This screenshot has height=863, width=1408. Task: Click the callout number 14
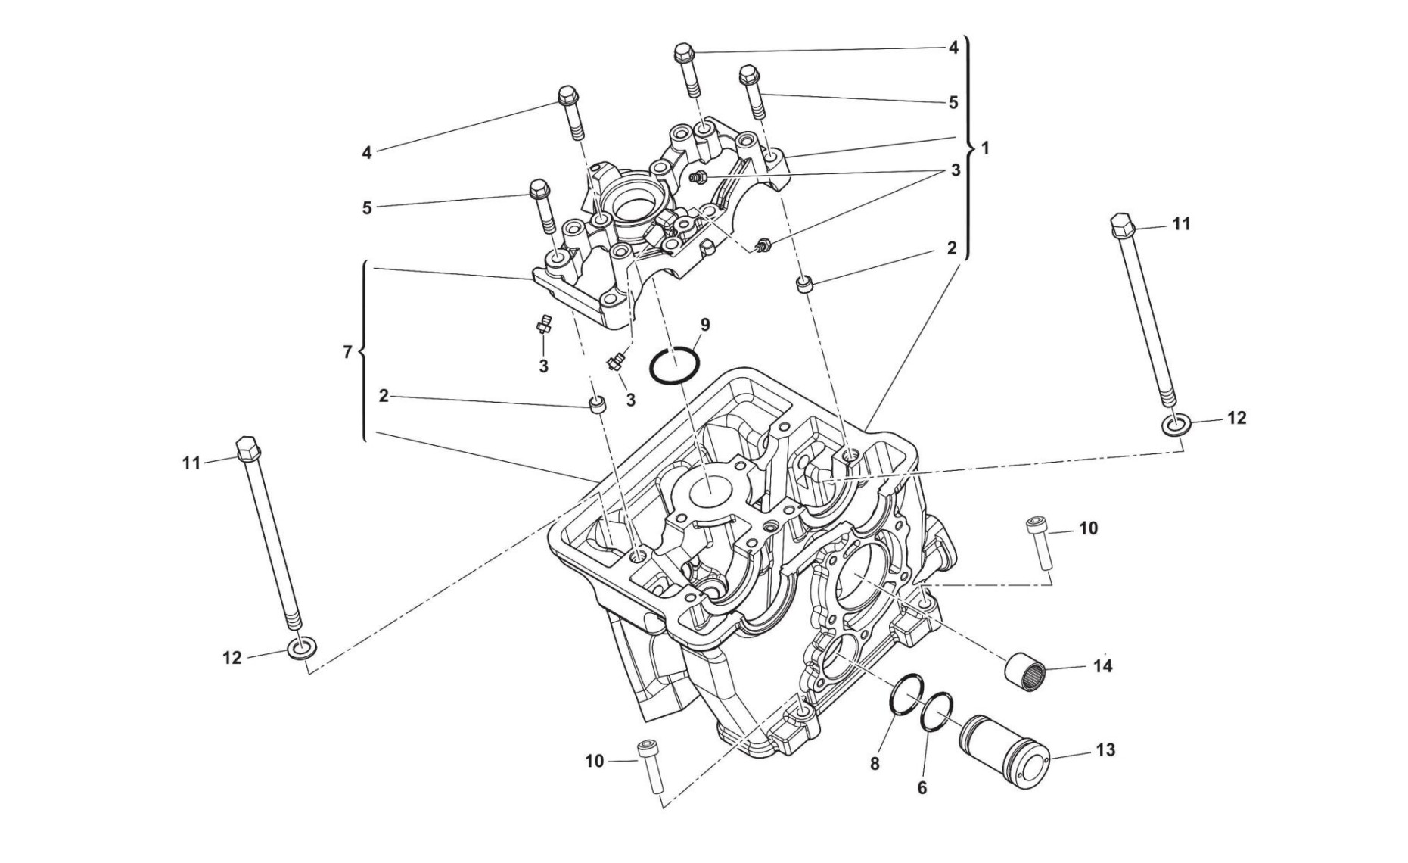click(x=1102, y=666)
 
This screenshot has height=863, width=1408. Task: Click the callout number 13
click(x=1105, y=750)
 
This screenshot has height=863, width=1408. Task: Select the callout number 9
click(x=705, y=326)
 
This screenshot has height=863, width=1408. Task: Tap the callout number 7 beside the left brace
click(x=347, y=352)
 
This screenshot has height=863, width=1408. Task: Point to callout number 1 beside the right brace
click(x=985, y=148)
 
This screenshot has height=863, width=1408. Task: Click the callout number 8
click(x=875, y=764)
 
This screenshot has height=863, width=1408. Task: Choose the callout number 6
click(x=922, y=788)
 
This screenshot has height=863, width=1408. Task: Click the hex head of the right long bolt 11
click(x=1122, y=226)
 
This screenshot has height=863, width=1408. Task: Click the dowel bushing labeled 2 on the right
click(x=805, y=285)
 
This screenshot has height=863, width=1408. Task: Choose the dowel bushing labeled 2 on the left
click(x=598, y=404)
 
